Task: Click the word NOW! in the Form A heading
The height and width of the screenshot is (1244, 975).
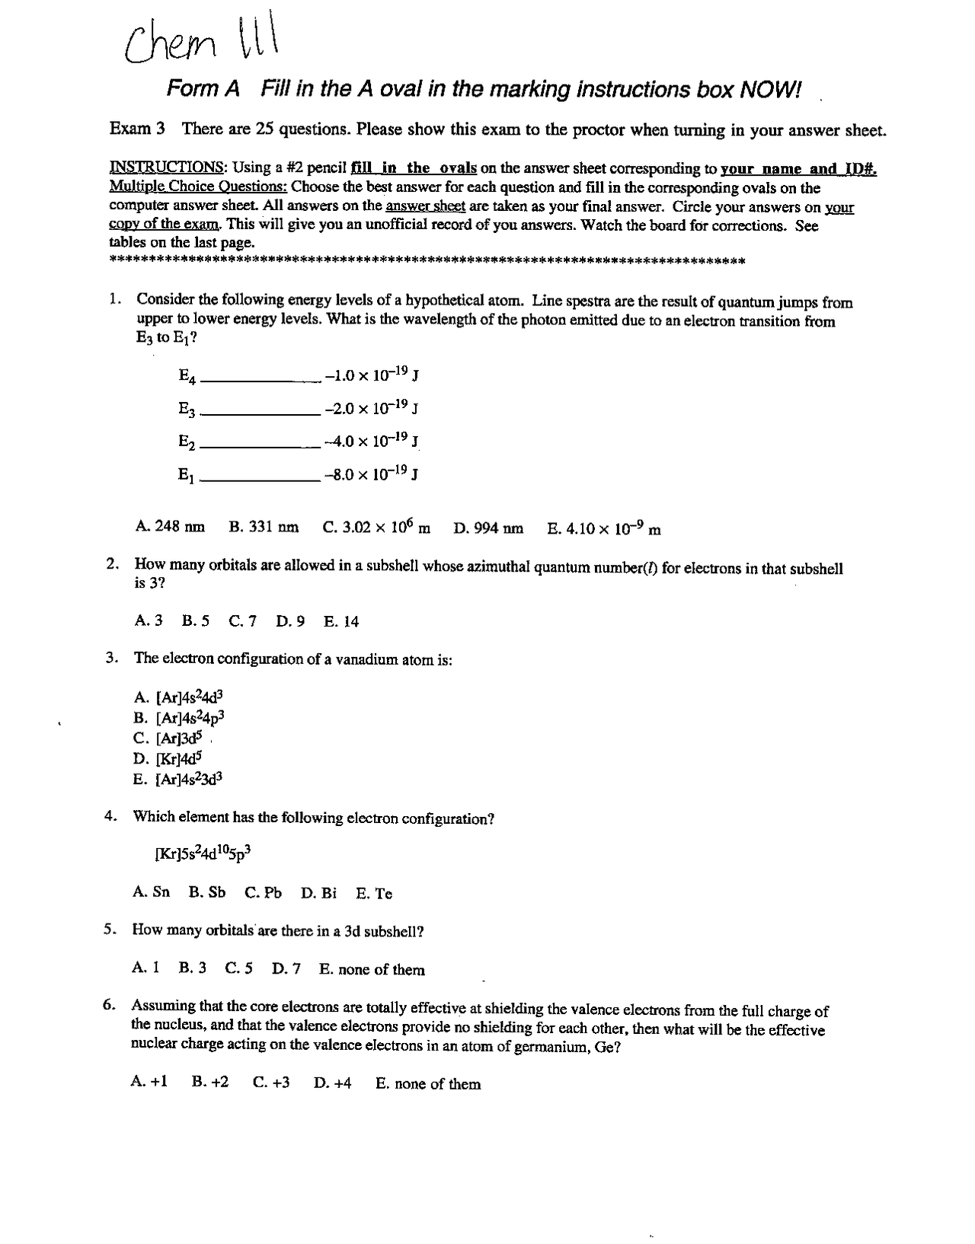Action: (x=771, y=90)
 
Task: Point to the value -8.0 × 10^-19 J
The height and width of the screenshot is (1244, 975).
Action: (x=372, y=474)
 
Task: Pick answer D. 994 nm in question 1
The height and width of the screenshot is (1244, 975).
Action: (x=488, y=528)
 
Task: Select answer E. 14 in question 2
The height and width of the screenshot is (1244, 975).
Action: (x=340, y=621)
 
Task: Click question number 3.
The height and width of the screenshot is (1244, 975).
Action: (x=111, y=657)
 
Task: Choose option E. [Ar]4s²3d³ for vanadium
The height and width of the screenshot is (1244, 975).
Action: (x=178, y=779)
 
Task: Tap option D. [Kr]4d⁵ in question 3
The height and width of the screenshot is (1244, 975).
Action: (x=168, y=758)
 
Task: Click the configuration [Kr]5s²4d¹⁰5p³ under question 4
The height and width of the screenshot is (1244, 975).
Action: (x=203, y=853)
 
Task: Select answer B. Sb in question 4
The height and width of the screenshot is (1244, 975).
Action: (x=207, y=892)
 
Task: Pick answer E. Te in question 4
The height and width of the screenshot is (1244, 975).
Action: (x=374, y=894)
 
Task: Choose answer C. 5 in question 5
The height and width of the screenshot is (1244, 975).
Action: (x=239, y=968)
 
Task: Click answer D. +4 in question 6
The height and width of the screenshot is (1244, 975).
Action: (x=333, y=1083)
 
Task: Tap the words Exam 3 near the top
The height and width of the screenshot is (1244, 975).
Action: (x=137, y=128)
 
